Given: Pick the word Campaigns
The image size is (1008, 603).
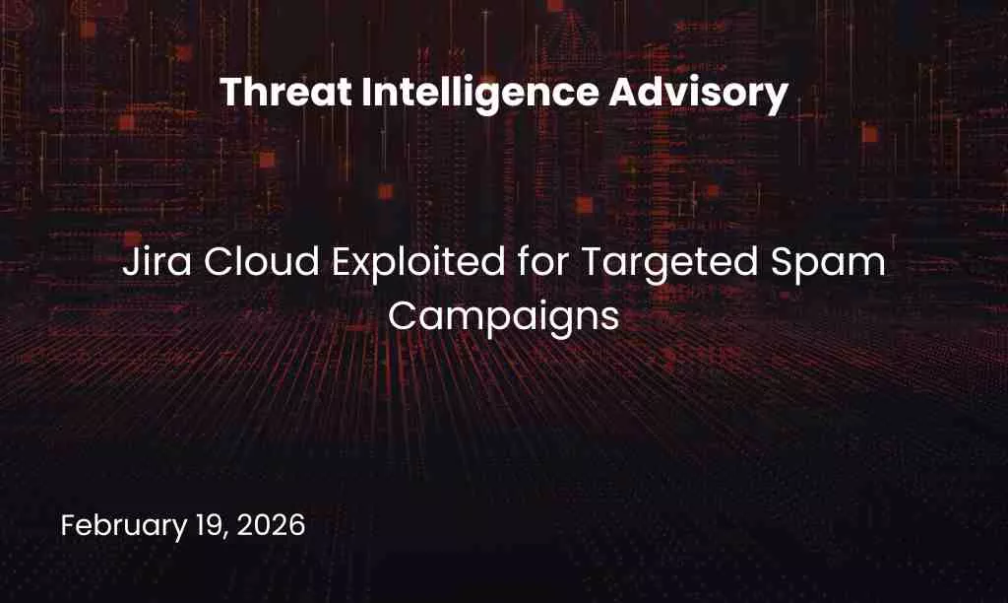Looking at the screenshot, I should coord(503,317).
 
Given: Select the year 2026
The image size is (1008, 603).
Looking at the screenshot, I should coord(273,525).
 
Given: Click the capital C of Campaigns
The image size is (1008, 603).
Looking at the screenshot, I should coord(402,315).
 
